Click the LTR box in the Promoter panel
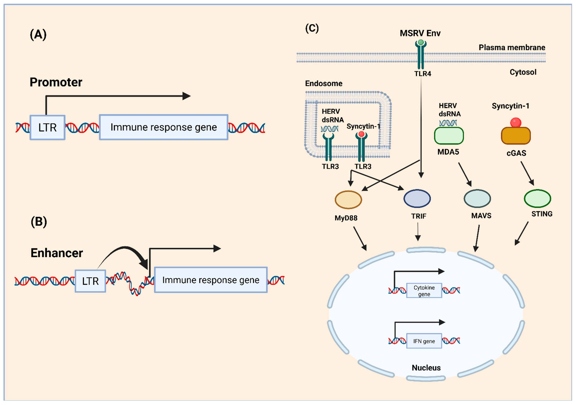pos(47,128)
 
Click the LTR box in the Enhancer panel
pos(90,281)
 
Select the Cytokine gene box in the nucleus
pos(424,291)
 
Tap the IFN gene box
pos(424,341)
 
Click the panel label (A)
pos(38,35)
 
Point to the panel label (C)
pos(312,28)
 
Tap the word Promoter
pos(56,82)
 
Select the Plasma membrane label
pos(512,47)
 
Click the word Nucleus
pos(426,368)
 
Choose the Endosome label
pos(324,83)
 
